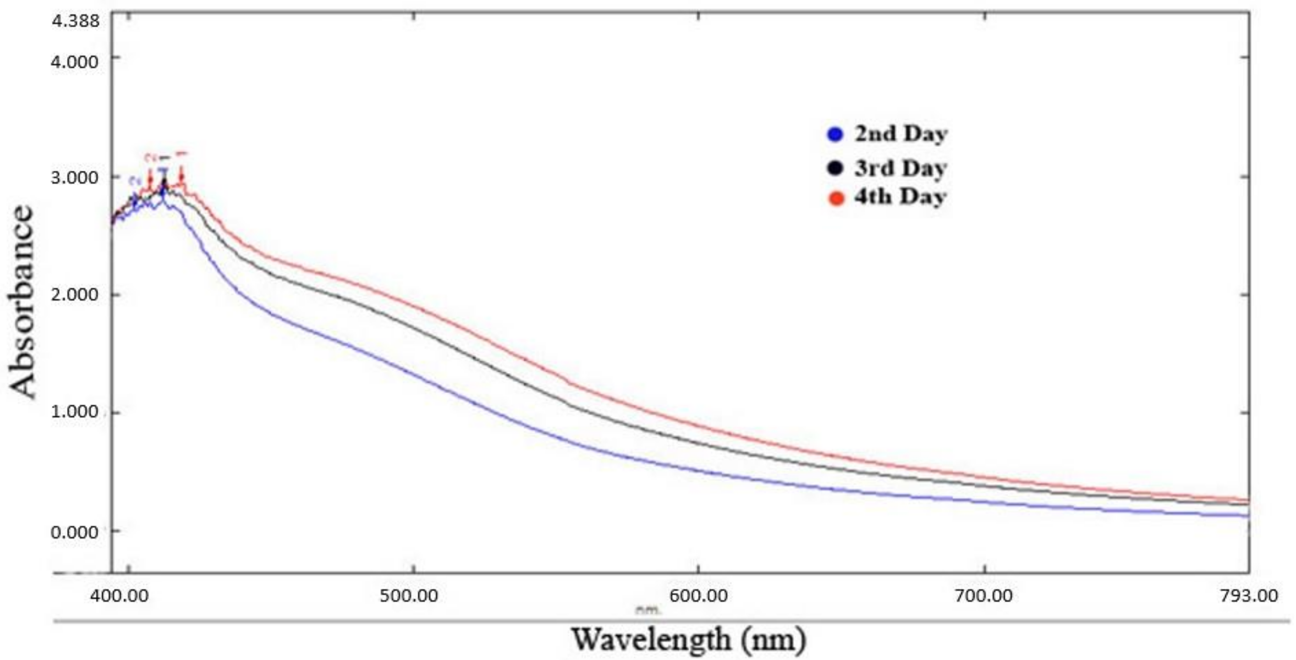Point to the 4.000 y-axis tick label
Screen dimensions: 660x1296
point(74,62)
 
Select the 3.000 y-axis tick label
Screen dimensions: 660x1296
point(74,178)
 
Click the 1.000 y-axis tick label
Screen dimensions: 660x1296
point(74,412)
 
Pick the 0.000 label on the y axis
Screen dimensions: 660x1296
point(74,532)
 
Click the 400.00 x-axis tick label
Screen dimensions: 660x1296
point(119,596)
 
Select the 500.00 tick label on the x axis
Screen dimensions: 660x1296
point(409,596)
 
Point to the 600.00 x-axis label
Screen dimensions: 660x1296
point(698,596)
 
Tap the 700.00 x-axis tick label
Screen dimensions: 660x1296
point(984,596)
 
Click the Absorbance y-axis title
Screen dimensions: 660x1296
point(22,302)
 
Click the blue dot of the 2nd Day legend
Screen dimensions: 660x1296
point(835,134)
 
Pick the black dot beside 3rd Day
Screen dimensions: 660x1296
point(835,168)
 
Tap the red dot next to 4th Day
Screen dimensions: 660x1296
point(836,198)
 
